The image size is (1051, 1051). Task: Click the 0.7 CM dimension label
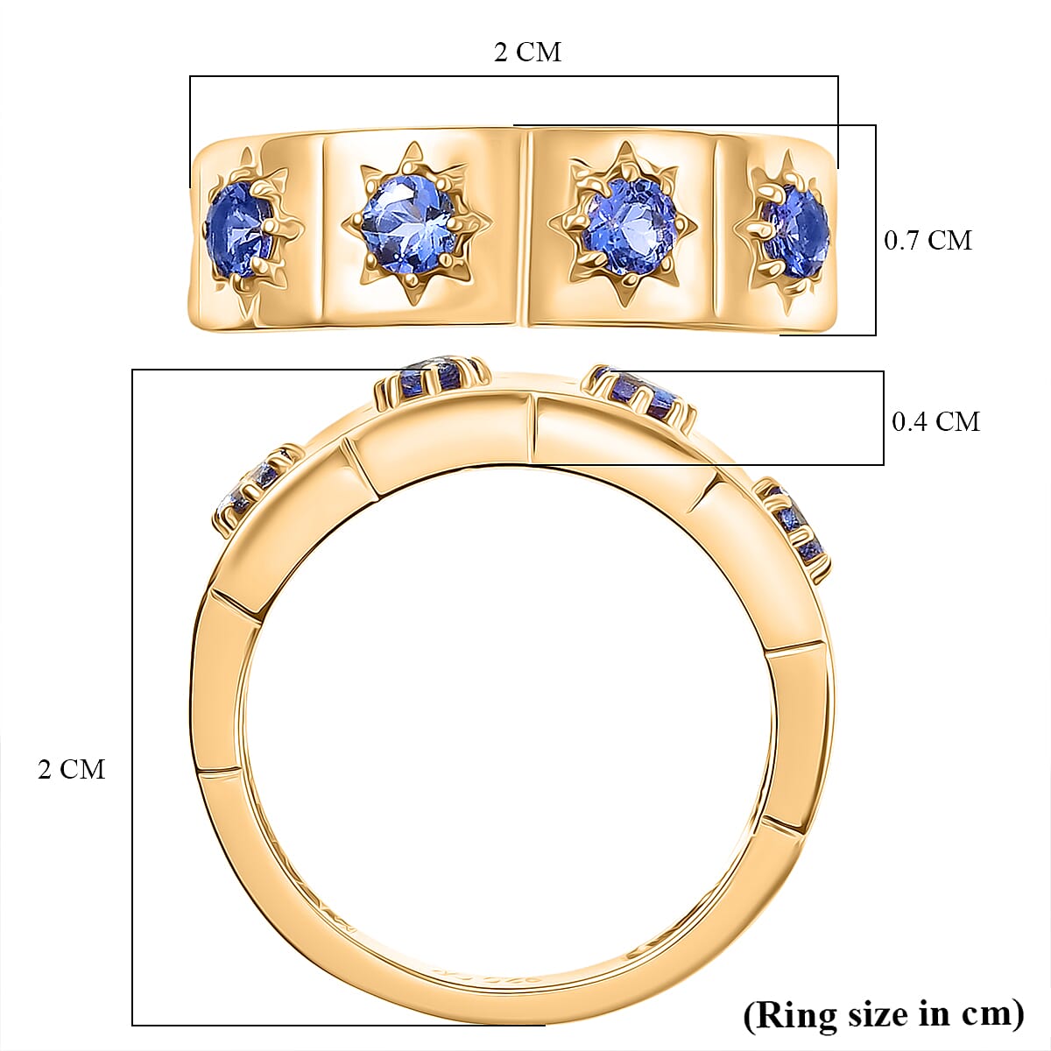click(928, 240)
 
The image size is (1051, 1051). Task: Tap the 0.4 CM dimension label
click(935, 421)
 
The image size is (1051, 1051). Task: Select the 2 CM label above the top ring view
click(527, 52)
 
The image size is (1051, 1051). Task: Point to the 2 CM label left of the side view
click(71, 769)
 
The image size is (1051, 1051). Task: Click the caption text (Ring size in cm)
click(884, 1014)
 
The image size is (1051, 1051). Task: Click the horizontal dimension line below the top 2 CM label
click(514, 77)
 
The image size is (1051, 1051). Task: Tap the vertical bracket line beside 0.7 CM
click(875, 229)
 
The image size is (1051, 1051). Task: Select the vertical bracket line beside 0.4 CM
click(883, 418)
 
